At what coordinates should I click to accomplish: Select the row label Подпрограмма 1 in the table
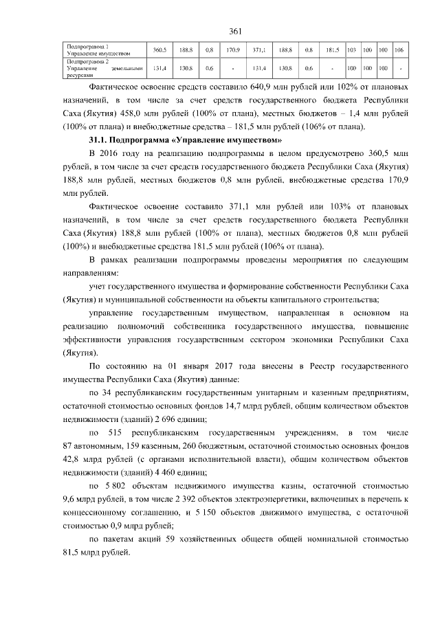87,46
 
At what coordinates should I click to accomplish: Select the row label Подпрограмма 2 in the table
87,61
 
